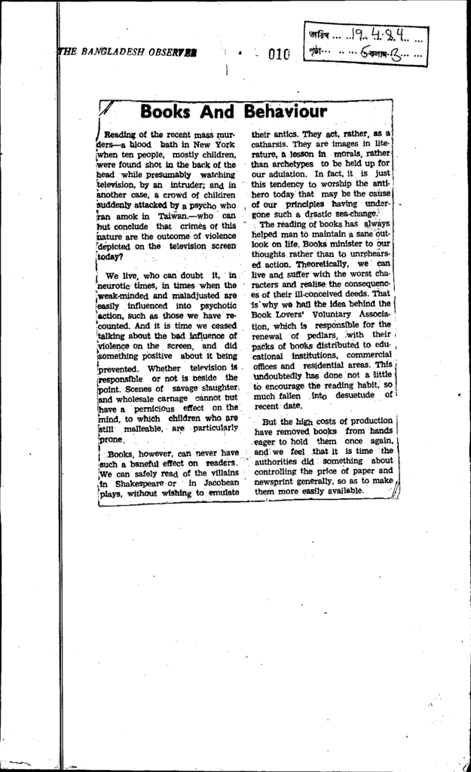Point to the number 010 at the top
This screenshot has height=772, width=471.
277,54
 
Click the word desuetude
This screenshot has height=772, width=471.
354,394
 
